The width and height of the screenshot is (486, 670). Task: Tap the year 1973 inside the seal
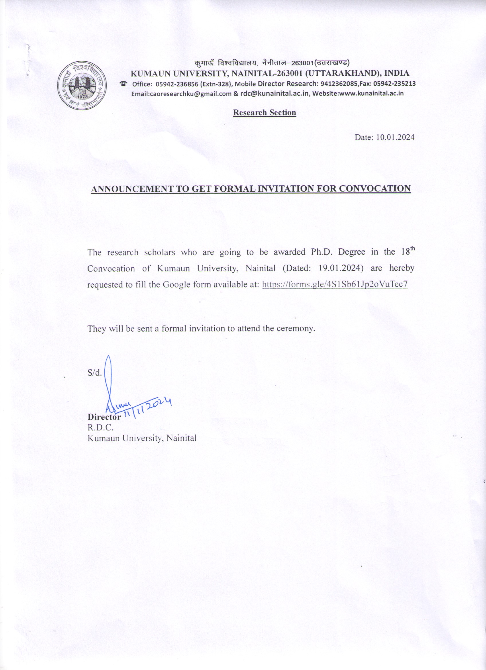[x=83, y=97]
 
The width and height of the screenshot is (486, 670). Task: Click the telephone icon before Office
[x=123, y=84]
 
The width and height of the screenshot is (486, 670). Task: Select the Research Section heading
[x=264, y=113]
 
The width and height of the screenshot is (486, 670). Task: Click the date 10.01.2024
[x=395, y=137]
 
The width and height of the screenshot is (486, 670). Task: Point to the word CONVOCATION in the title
[x=375, y=189]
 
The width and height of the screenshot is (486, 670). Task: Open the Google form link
[x=335, y=285]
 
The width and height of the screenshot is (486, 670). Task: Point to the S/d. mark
[x=94, y=373]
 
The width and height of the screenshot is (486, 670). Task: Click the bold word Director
[x=104, y=417]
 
